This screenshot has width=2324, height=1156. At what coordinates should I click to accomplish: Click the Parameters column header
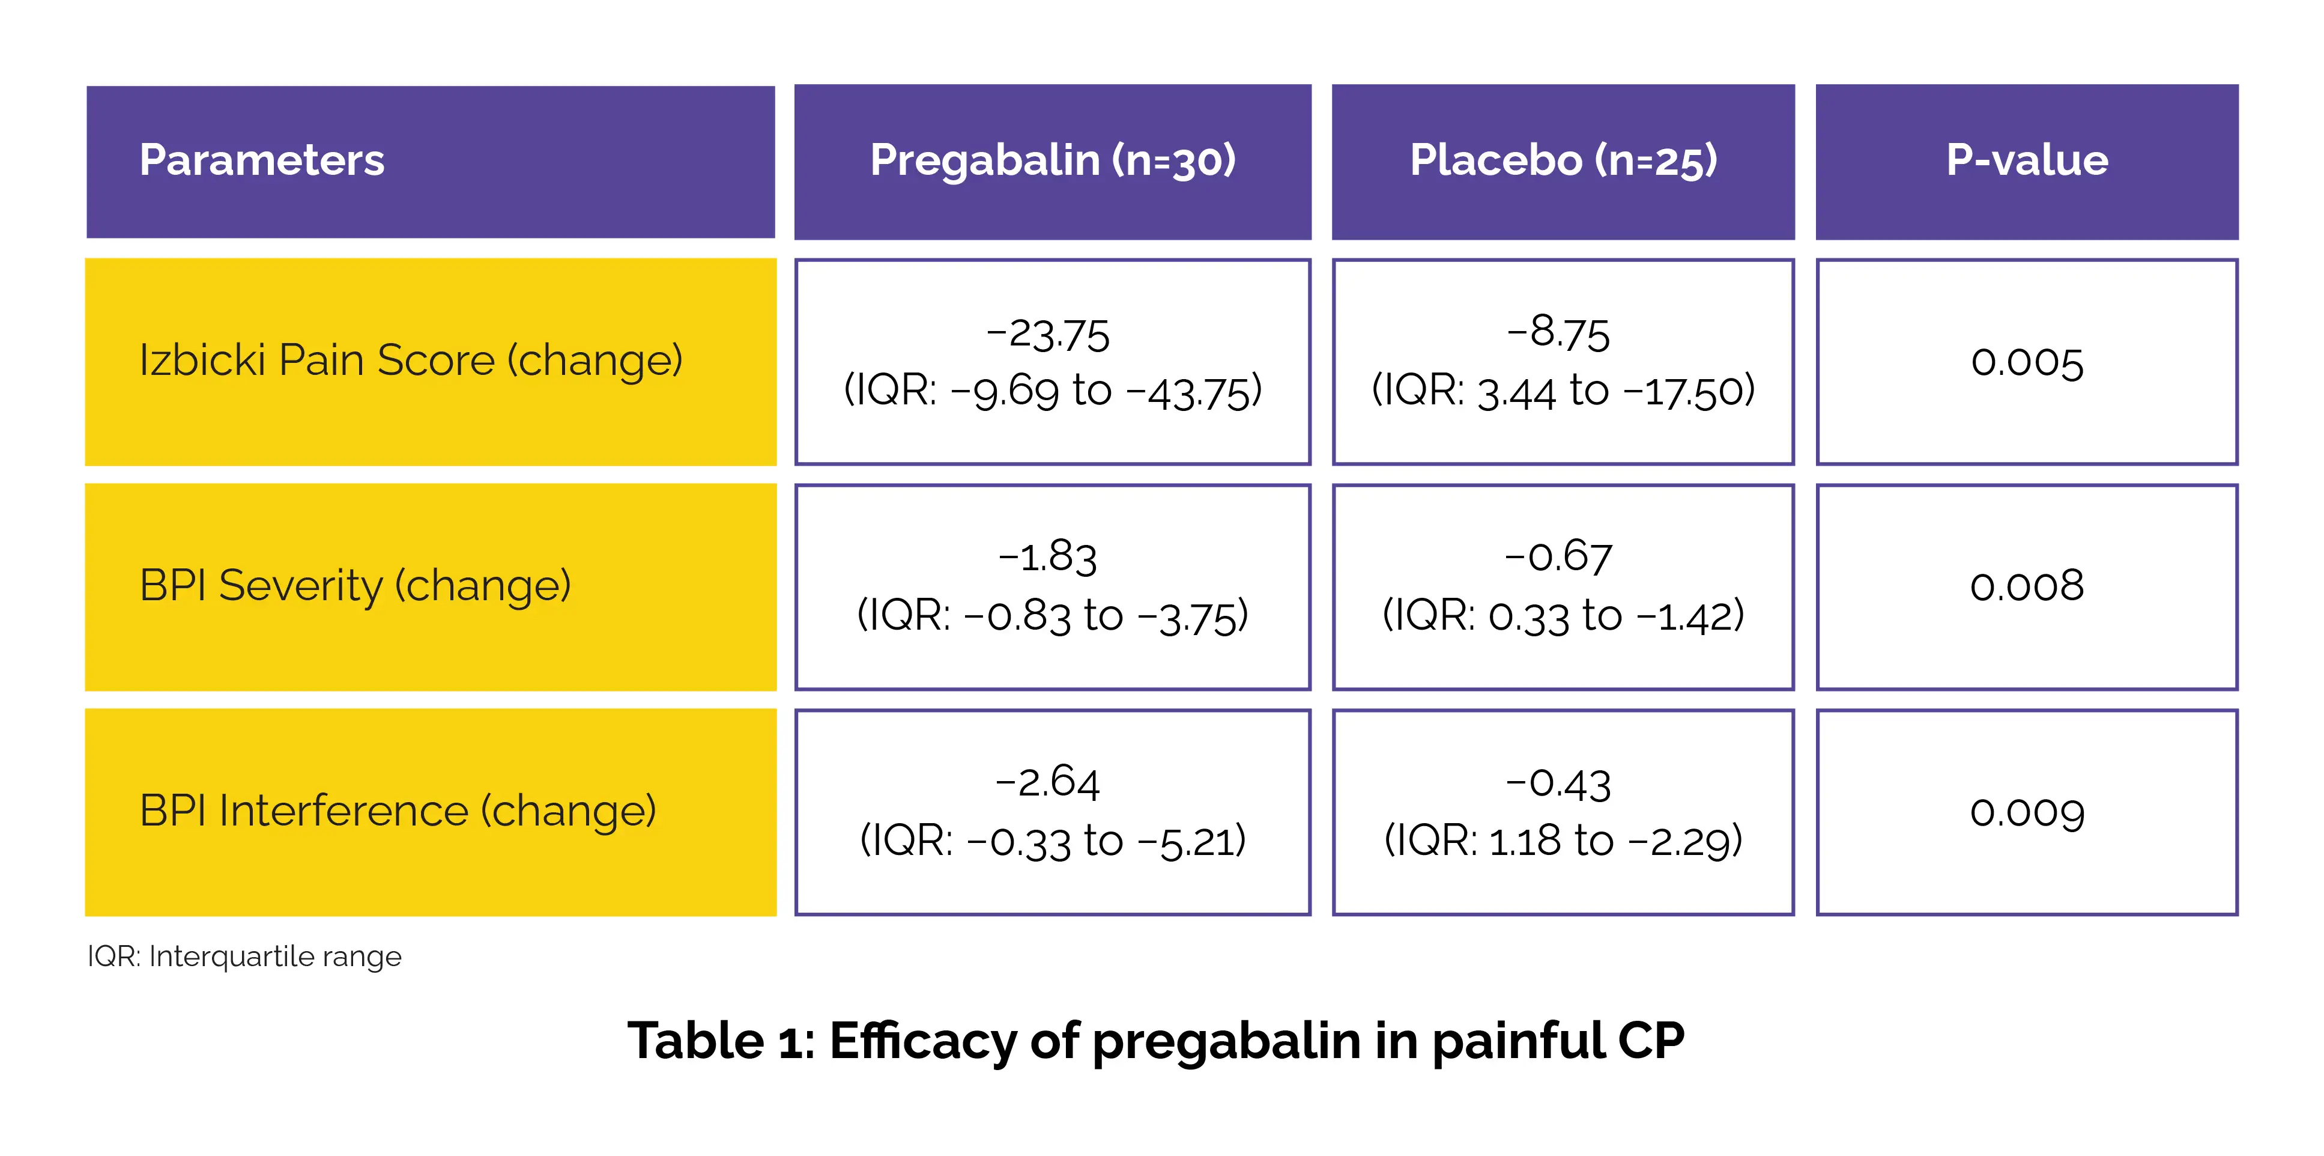click(x=262, y=160)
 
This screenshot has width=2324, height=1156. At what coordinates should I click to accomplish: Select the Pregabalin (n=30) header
click(x=1052, y=160)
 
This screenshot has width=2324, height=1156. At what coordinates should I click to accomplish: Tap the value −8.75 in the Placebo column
click(x=1558, y=333)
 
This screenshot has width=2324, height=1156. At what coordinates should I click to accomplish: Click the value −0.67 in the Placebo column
click(x=1558, y=557)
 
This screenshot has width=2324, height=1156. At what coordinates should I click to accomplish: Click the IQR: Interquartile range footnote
click(x=244, y=957)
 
